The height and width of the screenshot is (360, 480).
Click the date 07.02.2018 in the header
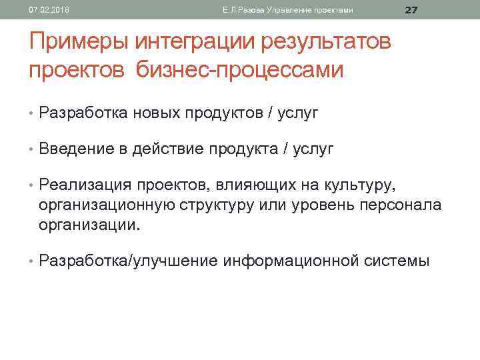[x=42, y=10]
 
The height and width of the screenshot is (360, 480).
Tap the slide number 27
[x=411, y=9]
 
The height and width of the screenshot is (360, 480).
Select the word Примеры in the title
[x=79, y=43]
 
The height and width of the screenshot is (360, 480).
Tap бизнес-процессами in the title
[x=240, y=70]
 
